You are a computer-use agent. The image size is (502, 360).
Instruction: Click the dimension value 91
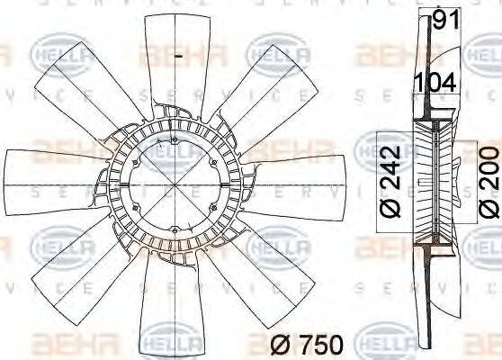click(446, 20)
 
